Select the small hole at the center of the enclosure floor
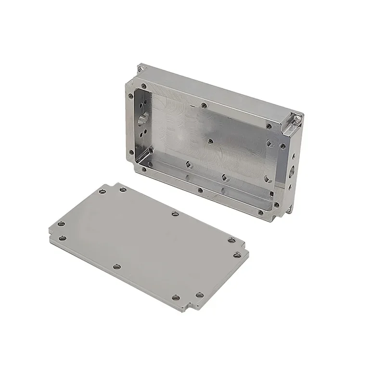point(210,141)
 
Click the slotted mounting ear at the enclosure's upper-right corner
point(295,120)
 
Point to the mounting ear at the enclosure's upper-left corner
point(141,68)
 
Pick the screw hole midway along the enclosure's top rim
point(205,104)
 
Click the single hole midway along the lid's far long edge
point(174,214)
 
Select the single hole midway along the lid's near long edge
point(116,266)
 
